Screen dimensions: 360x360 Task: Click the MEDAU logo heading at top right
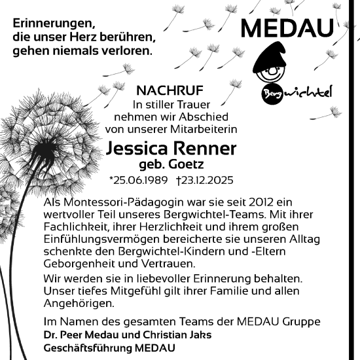pos(287,27)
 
